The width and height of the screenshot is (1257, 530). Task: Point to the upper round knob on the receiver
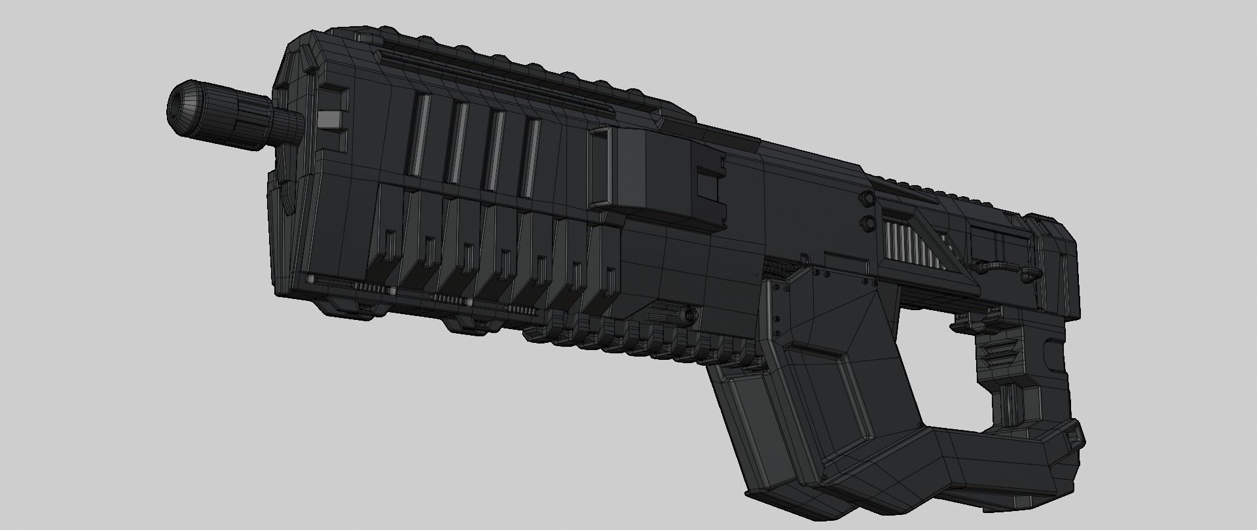point(868,198)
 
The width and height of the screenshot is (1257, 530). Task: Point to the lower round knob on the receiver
point(868,223)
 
